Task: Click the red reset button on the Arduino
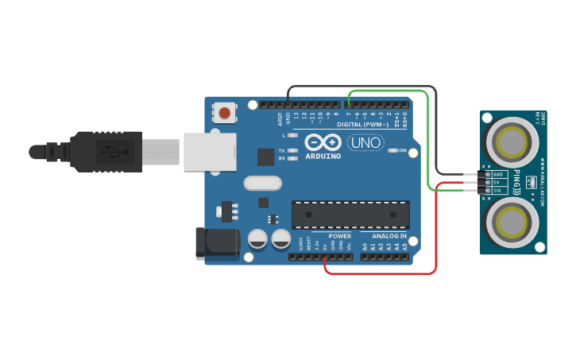(226, 113)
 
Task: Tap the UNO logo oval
(366, 143)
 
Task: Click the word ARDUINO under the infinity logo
(323, 156)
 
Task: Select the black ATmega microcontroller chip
(350, 215)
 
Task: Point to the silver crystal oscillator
(262, 184)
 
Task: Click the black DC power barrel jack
(217, 243)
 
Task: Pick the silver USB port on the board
(211, 151)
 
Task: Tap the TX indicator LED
(293, 150)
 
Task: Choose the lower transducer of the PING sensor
(512, 222)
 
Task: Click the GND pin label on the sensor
(498, 174)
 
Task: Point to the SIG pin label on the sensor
(497, 191)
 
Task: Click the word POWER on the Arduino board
(339, 236)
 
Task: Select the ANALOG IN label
(389, 236)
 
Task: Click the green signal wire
(430, 143)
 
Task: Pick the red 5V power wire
(436, 238)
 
